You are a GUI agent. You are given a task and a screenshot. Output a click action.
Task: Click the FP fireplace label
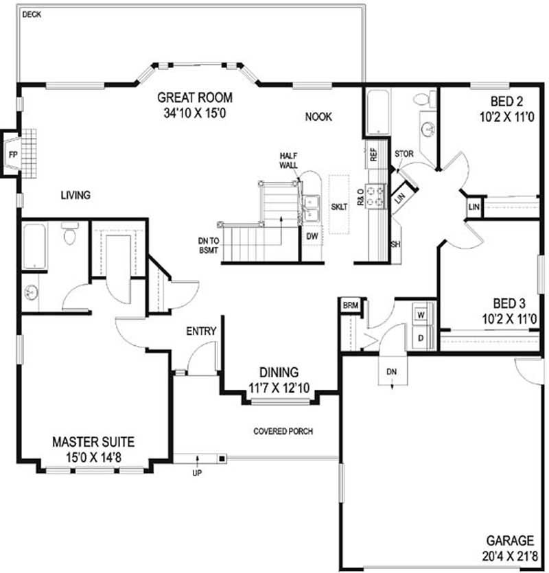(13, 154)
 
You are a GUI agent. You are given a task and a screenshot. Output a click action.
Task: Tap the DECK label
(32, 14)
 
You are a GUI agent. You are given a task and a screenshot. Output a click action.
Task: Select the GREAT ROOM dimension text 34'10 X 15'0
(195, 113)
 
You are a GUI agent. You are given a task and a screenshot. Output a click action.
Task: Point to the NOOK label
(318, 117)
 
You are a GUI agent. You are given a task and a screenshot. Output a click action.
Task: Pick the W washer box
(421, 315)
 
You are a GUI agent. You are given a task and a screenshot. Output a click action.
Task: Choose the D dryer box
(421, 338)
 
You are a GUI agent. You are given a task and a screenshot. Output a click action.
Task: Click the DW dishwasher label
(312, 237)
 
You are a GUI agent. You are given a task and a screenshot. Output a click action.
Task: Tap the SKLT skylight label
(339, 207)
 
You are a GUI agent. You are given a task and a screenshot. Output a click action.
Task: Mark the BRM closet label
(351, 305)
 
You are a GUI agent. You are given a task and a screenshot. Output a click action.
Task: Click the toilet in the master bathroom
(69, 233)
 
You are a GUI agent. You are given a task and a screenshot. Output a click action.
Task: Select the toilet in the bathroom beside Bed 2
(425, 99)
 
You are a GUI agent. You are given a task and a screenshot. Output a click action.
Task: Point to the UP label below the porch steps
(197, 473)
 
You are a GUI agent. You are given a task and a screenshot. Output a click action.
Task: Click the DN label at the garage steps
(391, 372)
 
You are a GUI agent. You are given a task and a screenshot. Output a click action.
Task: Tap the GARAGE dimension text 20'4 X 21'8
(510, 557)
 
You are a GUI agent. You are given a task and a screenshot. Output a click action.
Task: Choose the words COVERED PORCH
(283, 431)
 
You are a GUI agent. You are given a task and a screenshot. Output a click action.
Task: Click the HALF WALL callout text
(288, 161)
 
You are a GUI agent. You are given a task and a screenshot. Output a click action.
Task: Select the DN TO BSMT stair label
(209, 246)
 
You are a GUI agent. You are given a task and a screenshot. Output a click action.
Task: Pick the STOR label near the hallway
(404, 154)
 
